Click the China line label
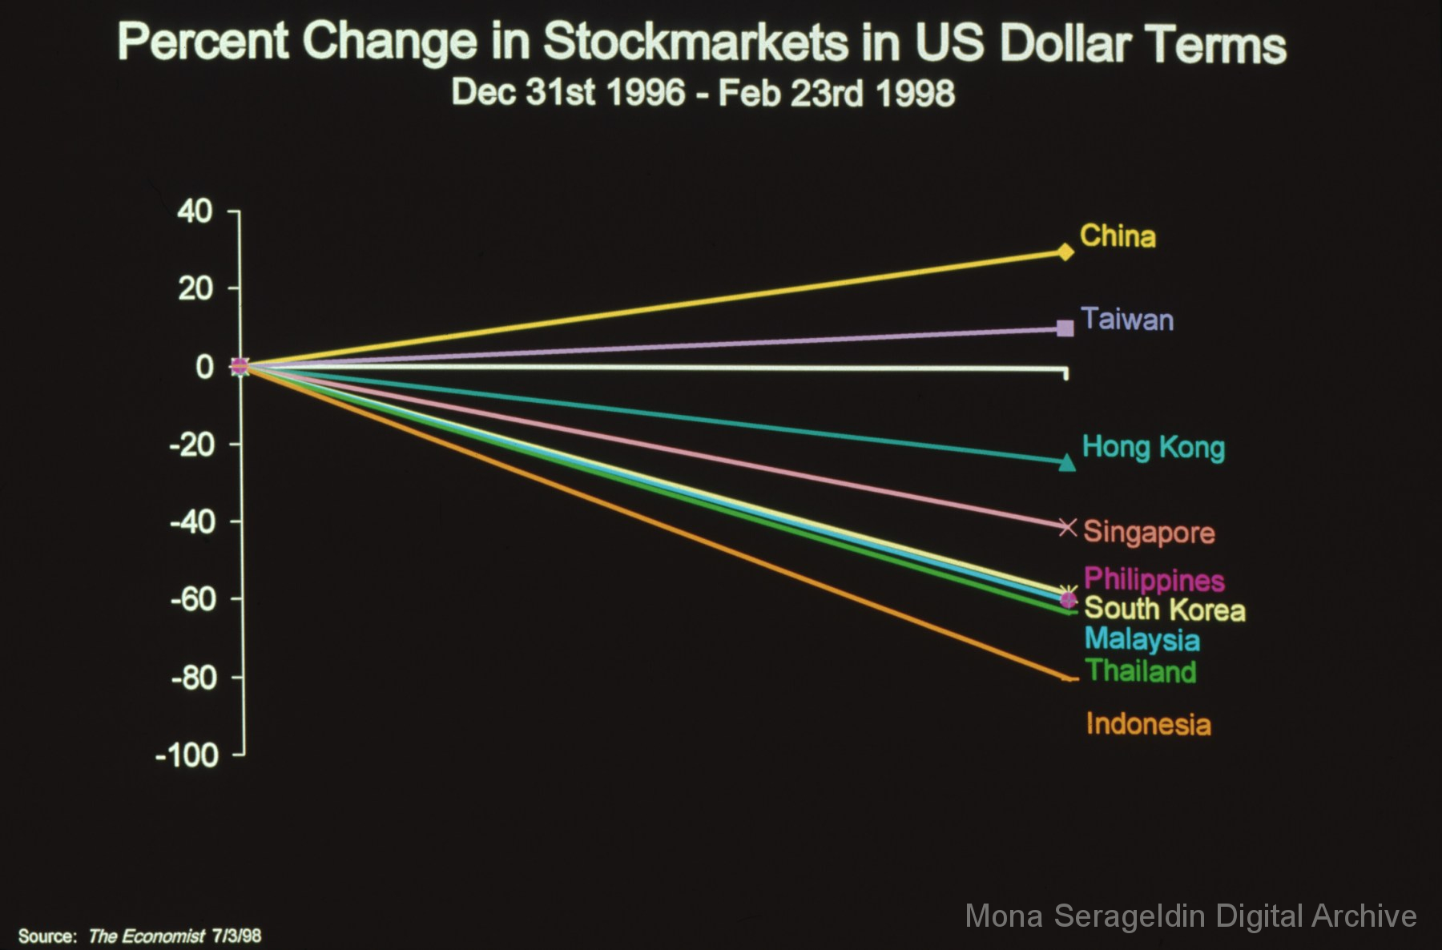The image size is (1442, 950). click(1118, 236)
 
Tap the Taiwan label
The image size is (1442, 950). click(1127, 320)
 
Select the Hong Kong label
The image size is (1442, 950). click(1153, 447)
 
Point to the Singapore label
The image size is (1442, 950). click(1149, 532)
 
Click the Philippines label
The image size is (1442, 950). click(1154, 579)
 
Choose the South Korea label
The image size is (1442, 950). click(1164, 610)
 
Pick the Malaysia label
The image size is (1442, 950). click(1142, 639)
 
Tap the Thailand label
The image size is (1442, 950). click(1141, 670)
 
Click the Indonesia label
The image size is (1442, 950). click(1148, 724)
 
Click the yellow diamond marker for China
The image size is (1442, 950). click(1065, 252)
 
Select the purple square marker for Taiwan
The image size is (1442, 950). click(1065, 328)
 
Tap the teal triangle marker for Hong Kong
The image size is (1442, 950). click(1067, 463)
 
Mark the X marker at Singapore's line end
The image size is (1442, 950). click(1067, 526)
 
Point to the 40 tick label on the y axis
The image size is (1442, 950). click(195, 211)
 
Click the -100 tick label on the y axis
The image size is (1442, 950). click(187, 755)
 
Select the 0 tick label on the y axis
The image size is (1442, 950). click(205, 367)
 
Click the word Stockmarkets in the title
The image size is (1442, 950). click(695, 42)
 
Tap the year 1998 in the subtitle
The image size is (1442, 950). click(915, 93)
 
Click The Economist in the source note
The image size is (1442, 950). click(147, 936)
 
